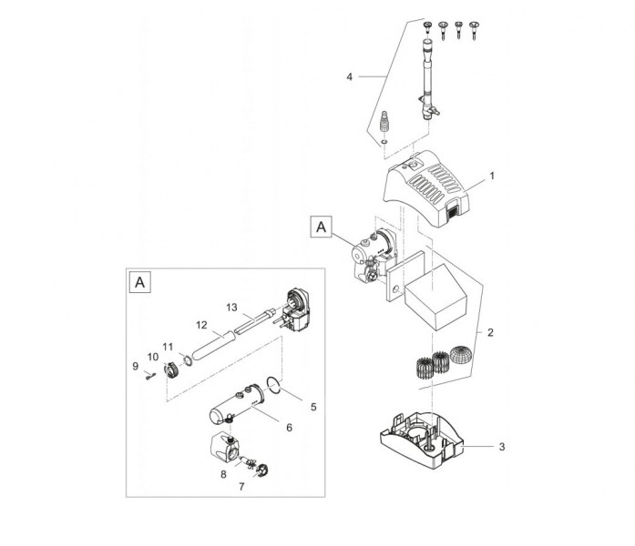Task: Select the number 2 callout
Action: tap(490, 333)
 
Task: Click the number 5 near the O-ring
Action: tap(313, 406)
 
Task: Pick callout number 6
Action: tap(288, 428)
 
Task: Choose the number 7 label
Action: tap(241, 488)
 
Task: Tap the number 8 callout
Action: tap(222, 474)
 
